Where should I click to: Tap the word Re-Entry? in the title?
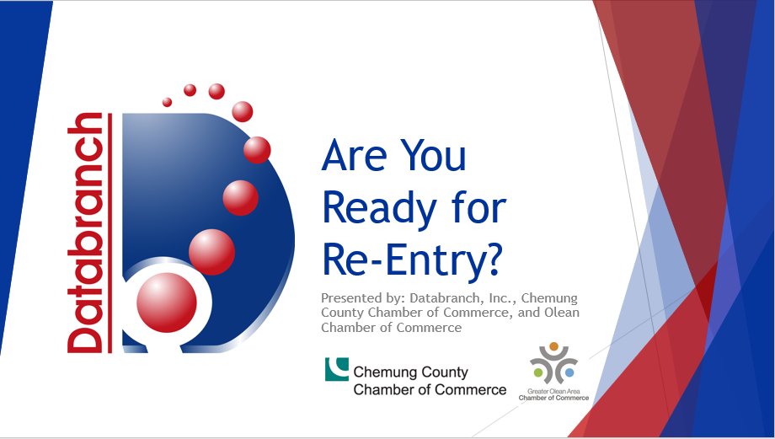click(411, 260)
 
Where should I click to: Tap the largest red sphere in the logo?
click(167, 302)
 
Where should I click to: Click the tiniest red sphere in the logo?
click(167, 102)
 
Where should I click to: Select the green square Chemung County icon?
click(337, 369)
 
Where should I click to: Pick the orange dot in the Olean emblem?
click(553, 345)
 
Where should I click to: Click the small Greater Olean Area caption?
click(553, 392)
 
